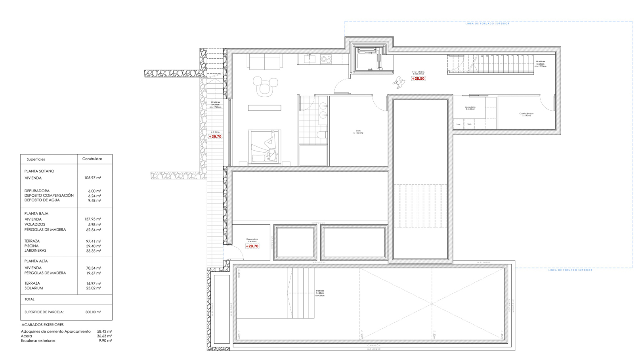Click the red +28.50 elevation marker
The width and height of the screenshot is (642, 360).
point(418,79)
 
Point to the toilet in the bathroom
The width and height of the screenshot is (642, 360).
point(322,135)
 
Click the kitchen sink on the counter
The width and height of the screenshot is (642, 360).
point(310,59)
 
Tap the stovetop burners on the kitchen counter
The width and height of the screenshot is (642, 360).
point(326,59)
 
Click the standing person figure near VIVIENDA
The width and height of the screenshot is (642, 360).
point(399,82)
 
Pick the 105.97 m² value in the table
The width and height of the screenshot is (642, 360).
point(92,178)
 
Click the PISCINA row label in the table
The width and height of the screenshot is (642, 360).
point(32,246)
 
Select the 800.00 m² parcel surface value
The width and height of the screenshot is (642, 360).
point(93,312)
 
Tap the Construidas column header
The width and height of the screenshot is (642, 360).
point(92,159)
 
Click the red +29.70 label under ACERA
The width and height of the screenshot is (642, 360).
point(215,137)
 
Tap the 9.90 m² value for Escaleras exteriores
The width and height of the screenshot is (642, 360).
point(105,341)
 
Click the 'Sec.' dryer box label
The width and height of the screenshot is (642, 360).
point(469,124)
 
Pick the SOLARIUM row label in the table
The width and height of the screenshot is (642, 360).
point(34,288)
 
